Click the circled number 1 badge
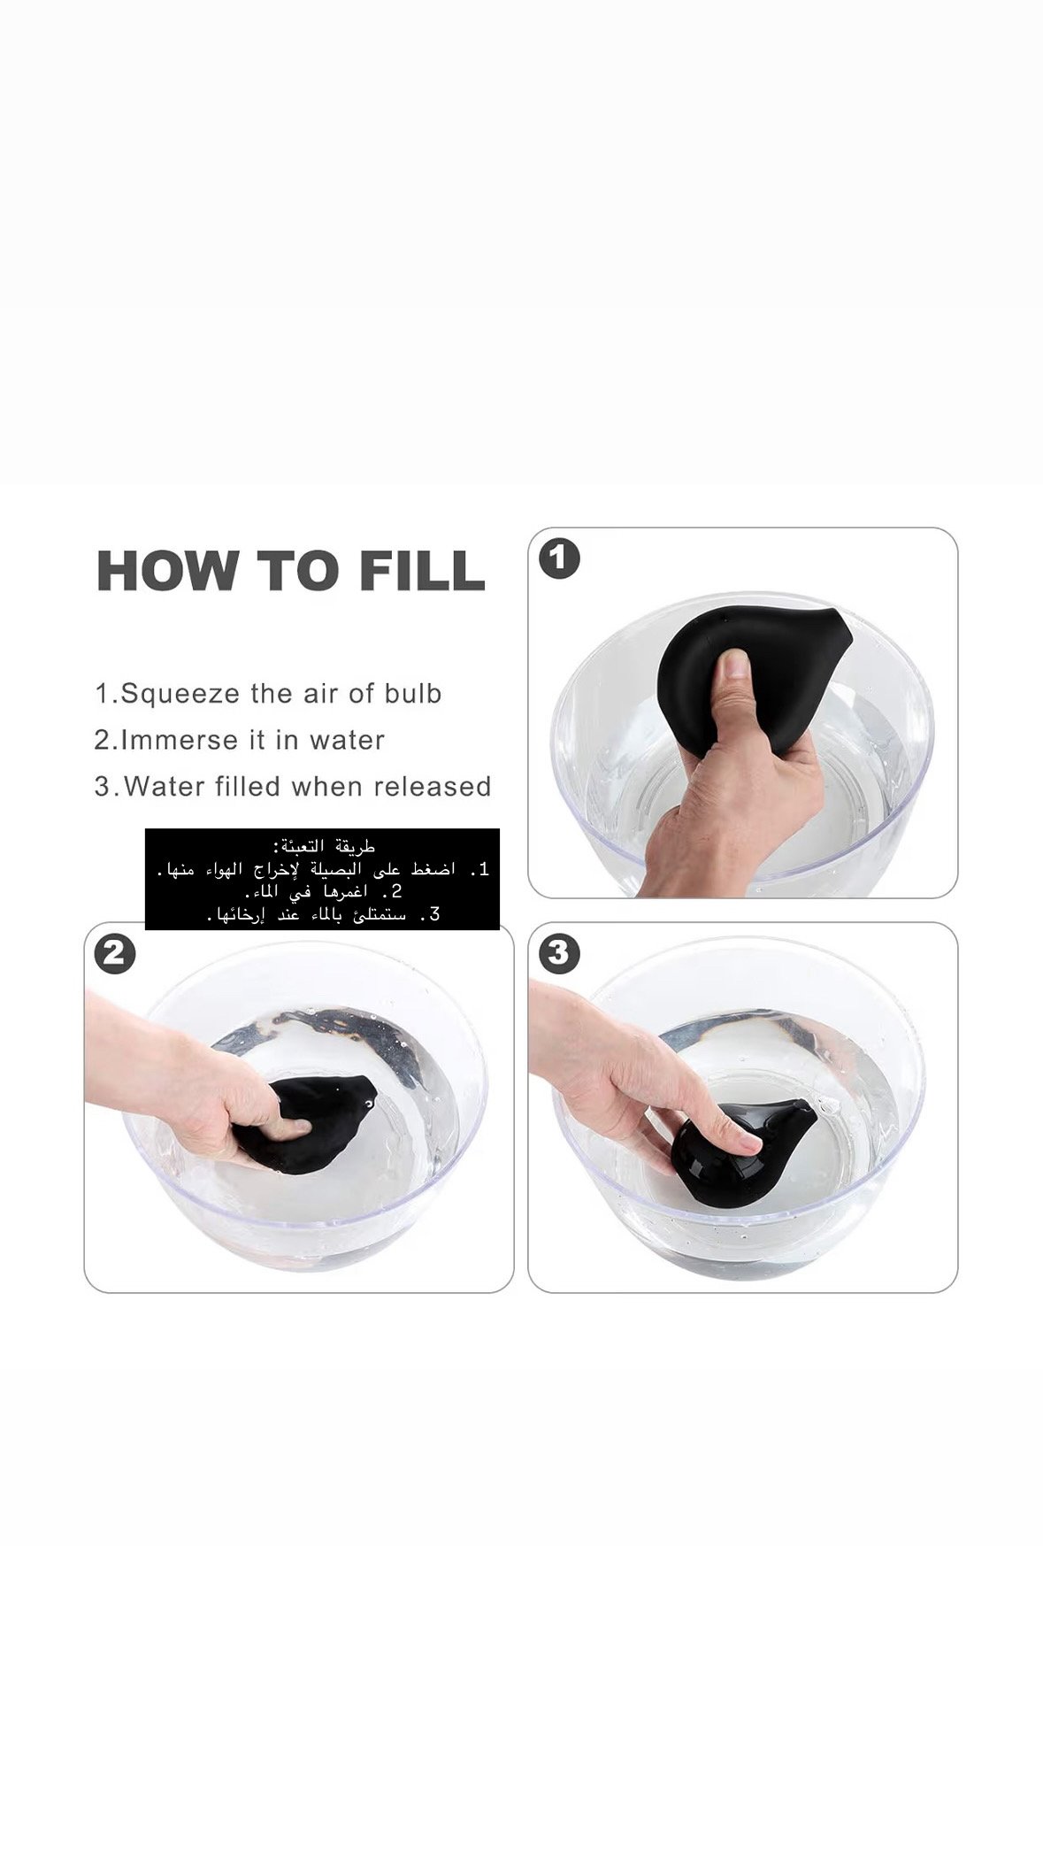(559, 559)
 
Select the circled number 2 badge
(115, 954)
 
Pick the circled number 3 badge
(559, 954)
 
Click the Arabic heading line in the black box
(322, 847)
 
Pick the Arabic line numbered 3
(322, 914)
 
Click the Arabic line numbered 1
(322, 870)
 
